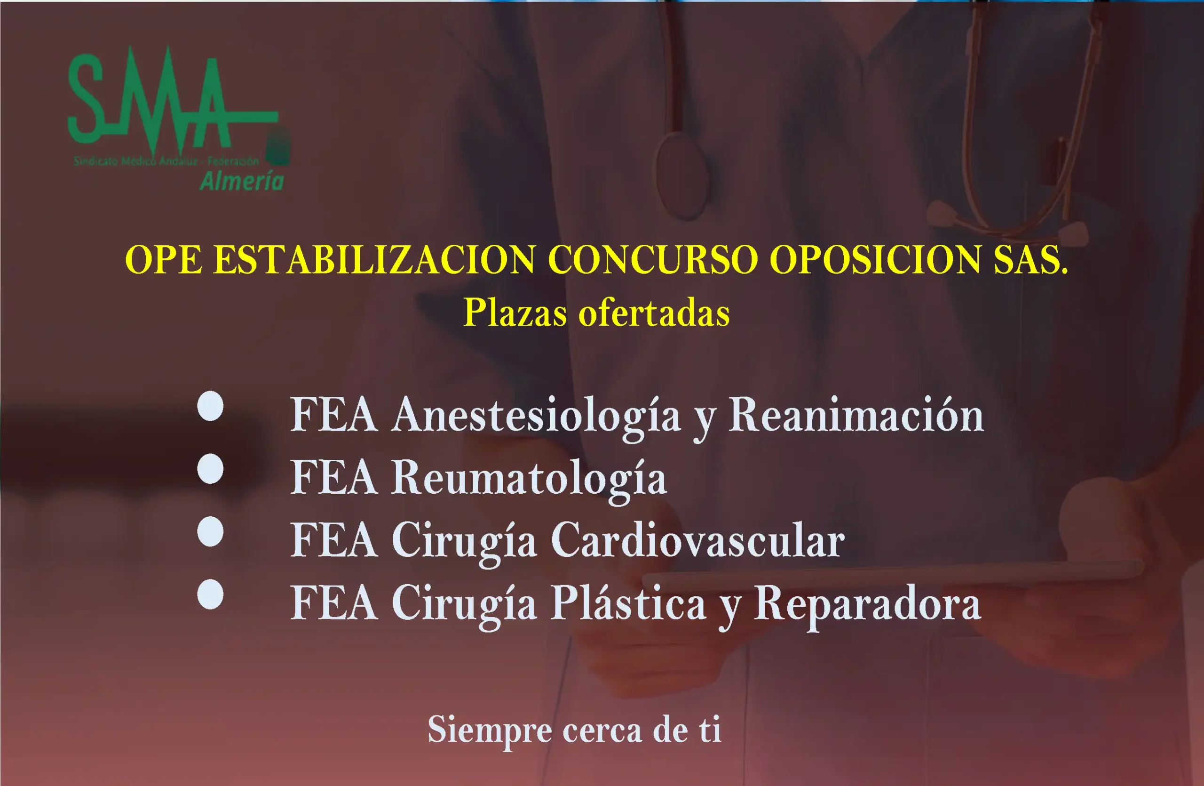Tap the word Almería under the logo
pos(242,181)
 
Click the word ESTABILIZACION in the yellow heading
pos(374,260)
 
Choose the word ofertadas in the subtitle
pos(654,313)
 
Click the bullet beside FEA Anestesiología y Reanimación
pos(210,406)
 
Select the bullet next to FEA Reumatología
pos(210,469)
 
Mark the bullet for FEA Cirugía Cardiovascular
pos(210,531)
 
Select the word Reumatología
pos(529,479)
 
